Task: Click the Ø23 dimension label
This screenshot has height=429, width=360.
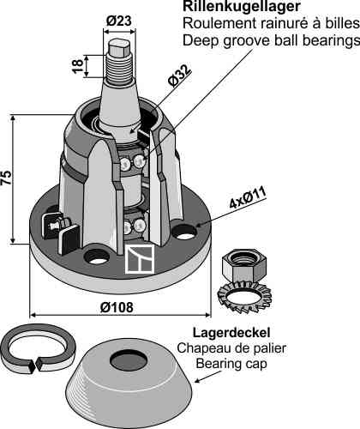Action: [119, 21]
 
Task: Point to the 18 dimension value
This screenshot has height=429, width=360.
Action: [78, 66]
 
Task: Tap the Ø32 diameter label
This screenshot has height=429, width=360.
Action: [179, 76]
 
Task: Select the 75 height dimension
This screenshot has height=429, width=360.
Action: [6, 178]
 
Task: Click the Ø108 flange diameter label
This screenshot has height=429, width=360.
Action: [117, 307]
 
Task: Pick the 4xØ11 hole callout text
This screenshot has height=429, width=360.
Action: [248, 198]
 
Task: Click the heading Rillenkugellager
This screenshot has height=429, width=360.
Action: [242, 6]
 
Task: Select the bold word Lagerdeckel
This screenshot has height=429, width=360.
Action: [231, 333]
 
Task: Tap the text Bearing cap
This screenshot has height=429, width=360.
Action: [231, 364]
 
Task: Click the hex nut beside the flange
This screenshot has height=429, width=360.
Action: [243, 265]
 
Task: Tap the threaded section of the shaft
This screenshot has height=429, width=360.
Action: [119, 67]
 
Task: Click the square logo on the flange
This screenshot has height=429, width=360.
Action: [140, 259]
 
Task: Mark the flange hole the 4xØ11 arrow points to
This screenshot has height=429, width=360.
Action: [185, 232]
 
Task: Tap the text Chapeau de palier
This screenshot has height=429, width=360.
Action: [231, 348]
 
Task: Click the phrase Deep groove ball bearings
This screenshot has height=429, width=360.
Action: [271, 40]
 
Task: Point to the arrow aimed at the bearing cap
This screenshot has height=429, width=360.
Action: [207, 377]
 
